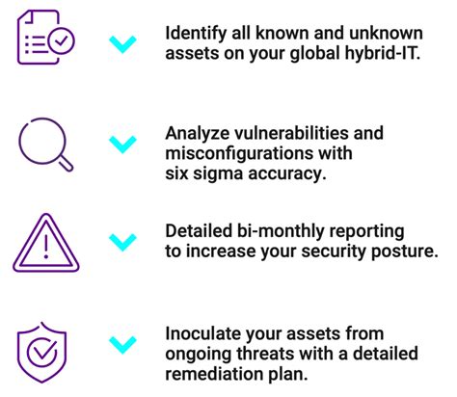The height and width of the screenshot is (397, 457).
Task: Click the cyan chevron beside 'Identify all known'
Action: (122, 43)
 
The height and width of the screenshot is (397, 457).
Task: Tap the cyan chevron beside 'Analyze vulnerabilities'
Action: (122, 144)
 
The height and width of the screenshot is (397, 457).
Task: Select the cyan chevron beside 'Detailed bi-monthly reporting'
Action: (122, 241)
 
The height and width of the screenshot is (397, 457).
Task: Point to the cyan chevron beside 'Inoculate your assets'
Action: (122, 341)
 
